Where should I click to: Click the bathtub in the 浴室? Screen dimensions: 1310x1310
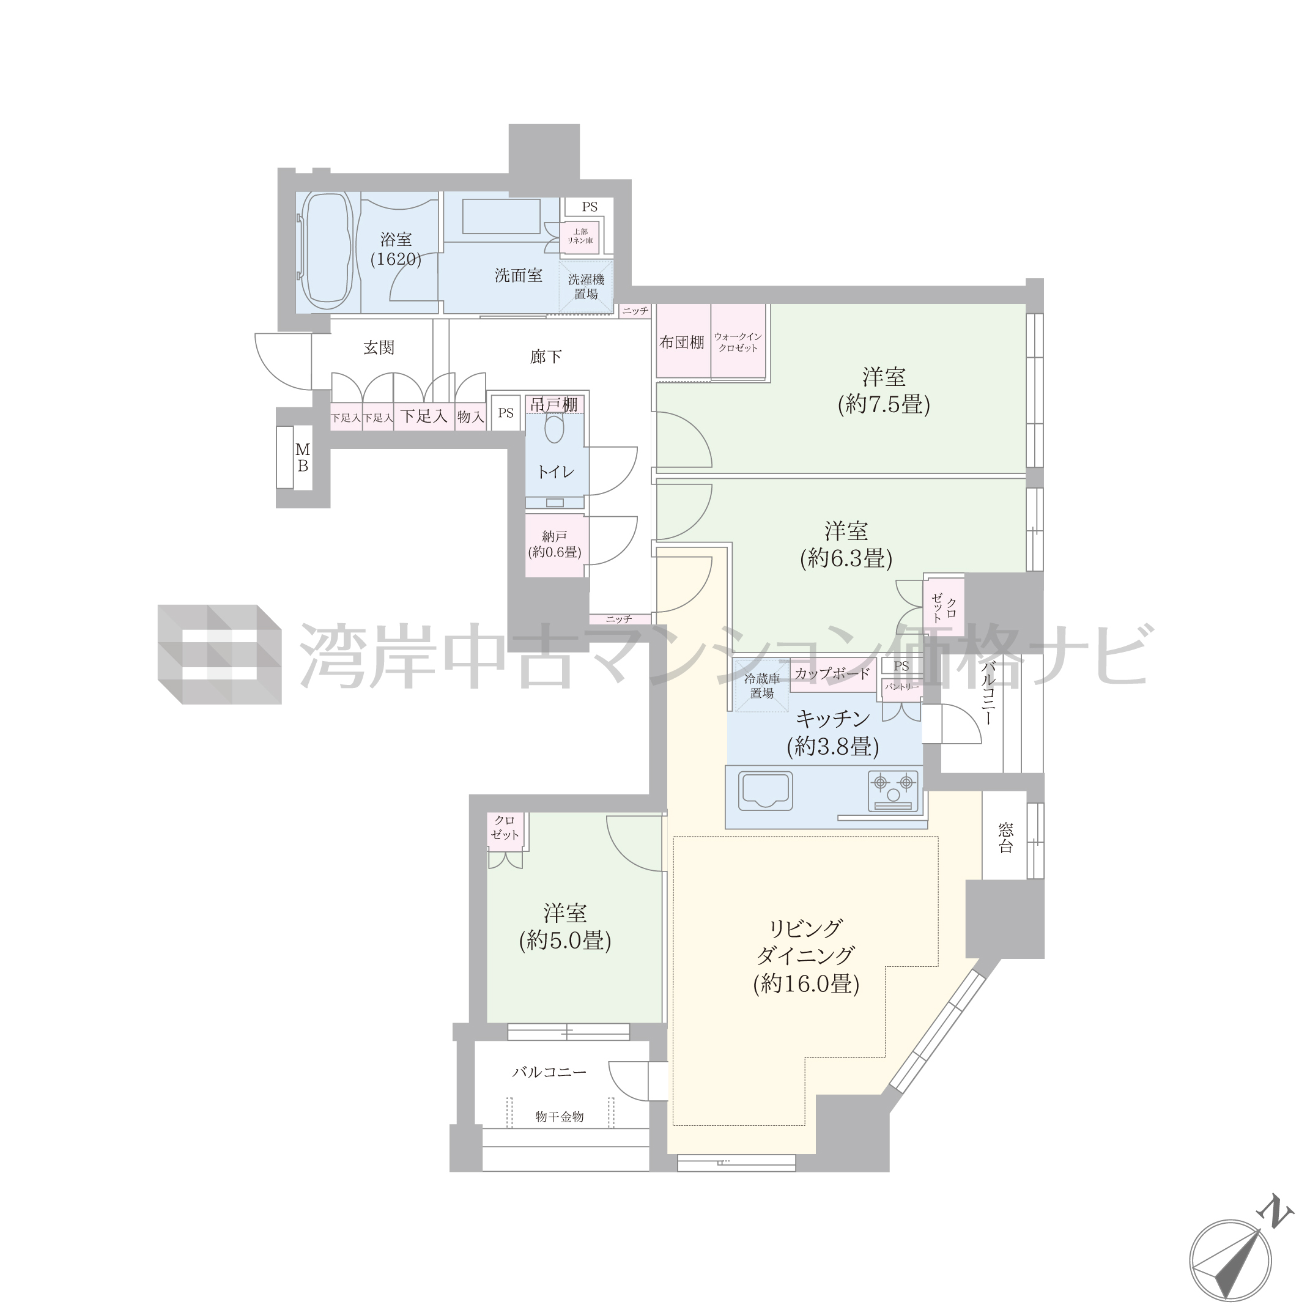click(326, 251)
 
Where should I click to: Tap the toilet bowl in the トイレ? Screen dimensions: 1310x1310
click(555, 428)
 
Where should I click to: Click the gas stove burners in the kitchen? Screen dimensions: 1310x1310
click(894, 790)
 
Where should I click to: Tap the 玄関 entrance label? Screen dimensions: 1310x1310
click(379, 348)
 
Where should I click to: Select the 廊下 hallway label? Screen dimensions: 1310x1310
click(546, 357)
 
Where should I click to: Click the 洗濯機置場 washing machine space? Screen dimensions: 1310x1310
click(586, 287)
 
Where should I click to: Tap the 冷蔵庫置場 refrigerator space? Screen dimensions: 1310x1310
click(762, 686)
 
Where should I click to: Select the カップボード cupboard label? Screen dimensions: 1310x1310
click(832, 673)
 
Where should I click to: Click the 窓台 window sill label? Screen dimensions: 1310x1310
click(1005, 837)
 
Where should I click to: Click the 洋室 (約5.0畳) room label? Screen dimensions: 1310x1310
click(566, 927)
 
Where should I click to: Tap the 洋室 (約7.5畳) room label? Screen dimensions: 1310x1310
click(884, 391)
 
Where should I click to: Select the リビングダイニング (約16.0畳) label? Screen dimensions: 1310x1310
click(806, 957)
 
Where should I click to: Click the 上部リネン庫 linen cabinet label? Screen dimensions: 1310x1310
click(580, 236)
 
